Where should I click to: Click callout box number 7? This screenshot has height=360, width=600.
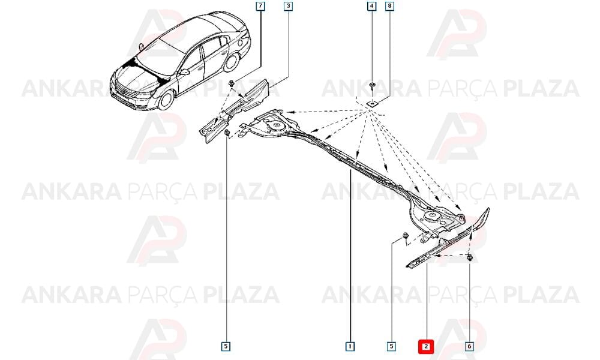click(x=260, y=6)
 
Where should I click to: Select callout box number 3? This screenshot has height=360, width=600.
click(x=288, y=6)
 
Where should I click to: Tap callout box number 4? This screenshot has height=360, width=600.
click(x=371, y=6)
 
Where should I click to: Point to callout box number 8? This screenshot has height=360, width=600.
click(x=389, y=6)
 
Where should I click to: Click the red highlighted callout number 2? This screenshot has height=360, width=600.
click(x=426, y=347)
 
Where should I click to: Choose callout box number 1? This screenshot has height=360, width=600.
click(x=350, y=347)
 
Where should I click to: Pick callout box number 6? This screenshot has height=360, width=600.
click(x=469, y=347)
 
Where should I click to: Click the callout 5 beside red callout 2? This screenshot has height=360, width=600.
click(x=391, y=347)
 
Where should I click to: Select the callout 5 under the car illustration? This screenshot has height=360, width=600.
click(x=226, y=347)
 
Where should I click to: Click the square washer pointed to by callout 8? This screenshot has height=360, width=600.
click(x=371, y=103)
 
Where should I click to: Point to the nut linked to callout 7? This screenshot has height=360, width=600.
click(x=231, y=83)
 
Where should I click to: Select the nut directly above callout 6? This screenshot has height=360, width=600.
click(x=470, y=258)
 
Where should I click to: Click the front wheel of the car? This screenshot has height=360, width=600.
click(x=166, y=99)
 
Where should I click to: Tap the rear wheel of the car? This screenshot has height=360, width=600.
click(x=232, y=61)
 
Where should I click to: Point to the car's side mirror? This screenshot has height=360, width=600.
click(x=184, y=71)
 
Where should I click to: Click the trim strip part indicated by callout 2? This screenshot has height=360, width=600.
click(x=446, y=240)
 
